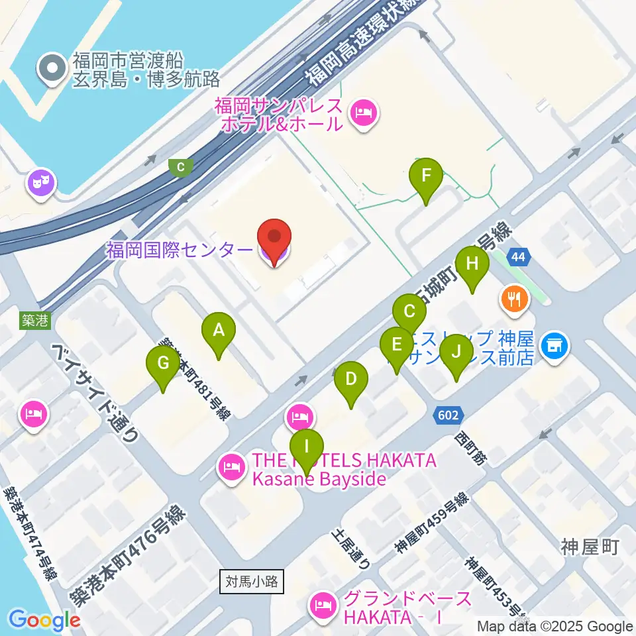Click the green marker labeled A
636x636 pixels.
(219, 330)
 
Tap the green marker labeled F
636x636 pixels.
(426, 176)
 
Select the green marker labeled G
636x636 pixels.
(163, 363)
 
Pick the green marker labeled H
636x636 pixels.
(472, 264)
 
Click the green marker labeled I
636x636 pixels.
(306, 447)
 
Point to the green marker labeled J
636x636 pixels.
(455, 352)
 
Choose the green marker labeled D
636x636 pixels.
(351, 380)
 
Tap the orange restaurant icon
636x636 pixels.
(514, 299)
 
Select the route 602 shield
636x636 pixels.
(449, 415)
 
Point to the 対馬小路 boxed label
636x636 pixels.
(252, 582)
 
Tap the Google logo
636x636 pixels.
(44, 620)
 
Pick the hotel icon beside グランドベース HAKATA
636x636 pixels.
(323, 605)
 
